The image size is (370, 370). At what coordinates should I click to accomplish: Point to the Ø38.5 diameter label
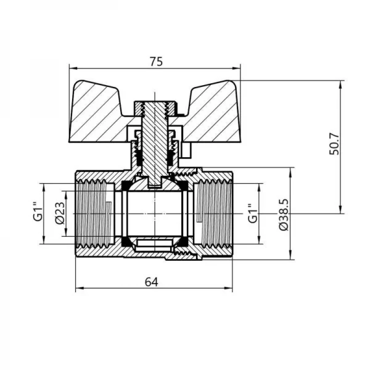pos(283,214)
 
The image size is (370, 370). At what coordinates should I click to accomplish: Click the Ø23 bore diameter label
pos(60,213)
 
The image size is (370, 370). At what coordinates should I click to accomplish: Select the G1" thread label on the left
pos(38,213)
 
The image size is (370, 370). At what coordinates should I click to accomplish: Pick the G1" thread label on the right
pos(252,213)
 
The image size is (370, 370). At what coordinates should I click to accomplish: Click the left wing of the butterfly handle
pos(99,111)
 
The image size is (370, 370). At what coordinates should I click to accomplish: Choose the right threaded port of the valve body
pos(215,213)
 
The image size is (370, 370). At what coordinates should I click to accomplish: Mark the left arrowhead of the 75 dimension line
pos(71,68)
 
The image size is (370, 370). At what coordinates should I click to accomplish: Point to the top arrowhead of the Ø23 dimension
pos(68,186)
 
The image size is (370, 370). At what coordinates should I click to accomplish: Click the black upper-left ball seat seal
pos(126,186)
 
